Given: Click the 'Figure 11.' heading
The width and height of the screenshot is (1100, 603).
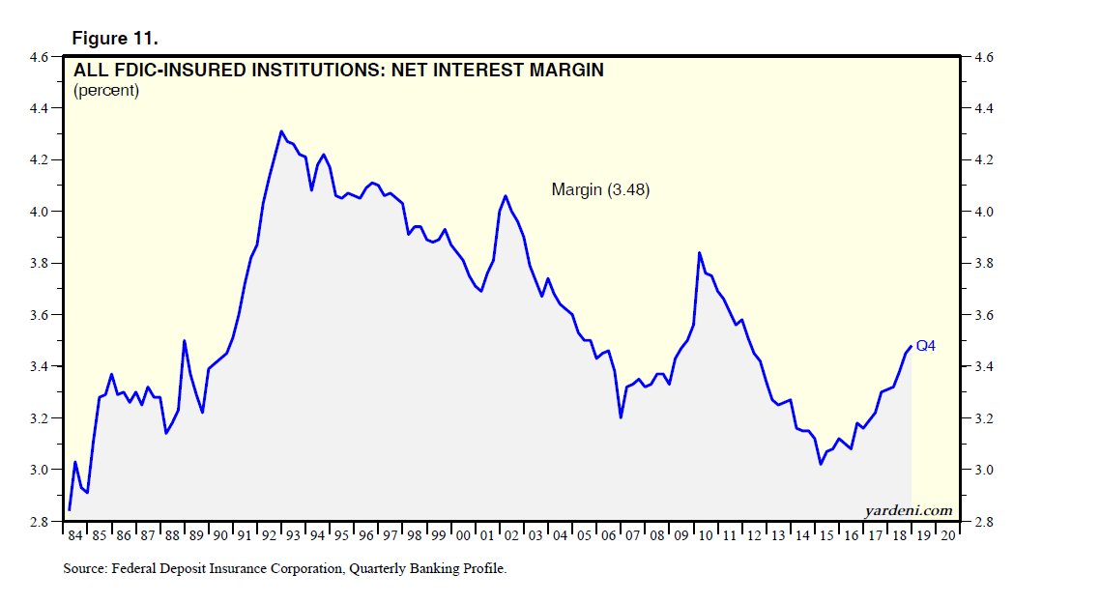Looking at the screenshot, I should click(115, 39).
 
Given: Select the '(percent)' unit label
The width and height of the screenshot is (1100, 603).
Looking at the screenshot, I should click(106, 91).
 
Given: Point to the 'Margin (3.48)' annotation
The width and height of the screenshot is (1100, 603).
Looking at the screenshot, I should click(600, 190).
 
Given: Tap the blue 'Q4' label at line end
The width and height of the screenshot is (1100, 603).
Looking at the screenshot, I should click(925, 345).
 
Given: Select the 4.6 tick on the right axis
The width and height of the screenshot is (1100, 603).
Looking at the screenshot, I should click(983, 57).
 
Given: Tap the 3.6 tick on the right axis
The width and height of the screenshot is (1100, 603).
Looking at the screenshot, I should click(983, 315).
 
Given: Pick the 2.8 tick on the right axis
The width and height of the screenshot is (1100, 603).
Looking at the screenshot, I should click(983, 522).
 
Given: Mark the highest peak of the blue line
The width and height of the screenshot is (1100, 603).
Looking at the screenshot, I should click(281, 131).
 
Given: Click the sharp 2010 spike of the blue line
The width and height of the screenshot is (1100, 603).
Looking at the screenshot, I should click(699, 253).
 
